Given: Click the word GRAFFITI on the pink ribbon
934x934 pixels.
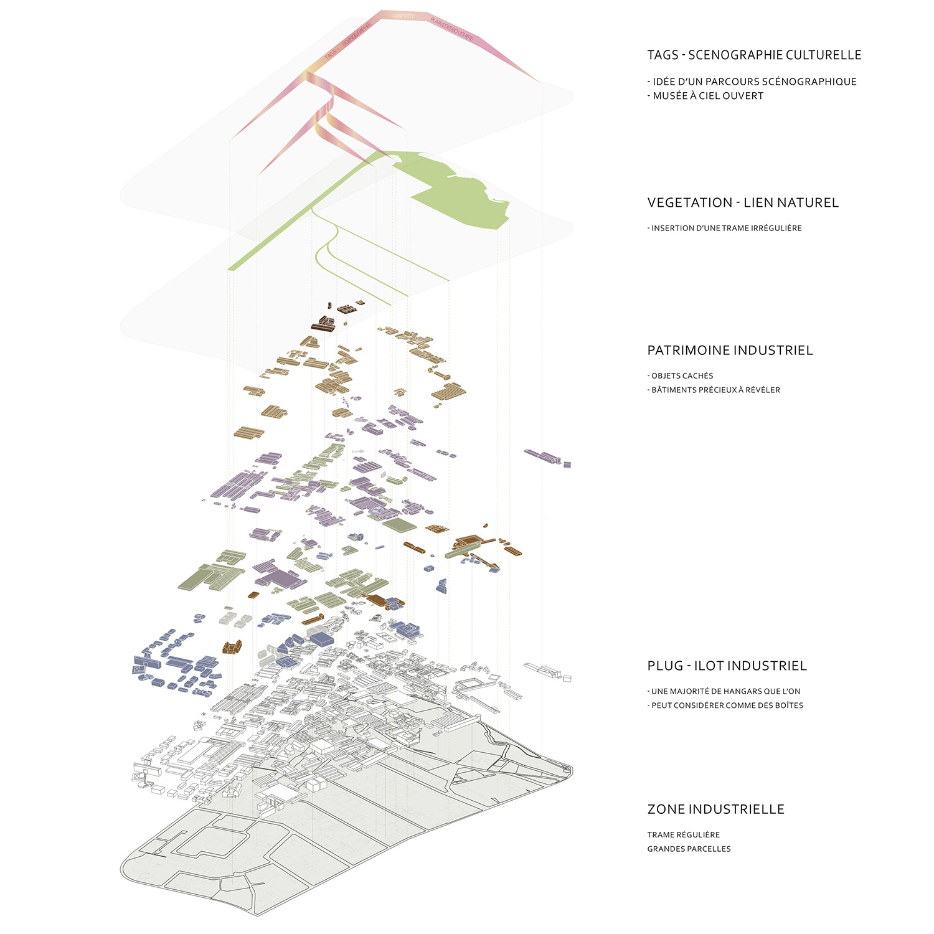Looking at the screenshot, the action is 403,15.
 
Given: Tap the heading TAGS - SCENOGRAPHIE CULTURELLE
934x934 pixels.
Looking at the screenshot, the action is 754,55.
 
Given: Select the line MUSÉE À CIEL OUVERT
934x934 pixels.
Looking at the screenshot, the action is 707,96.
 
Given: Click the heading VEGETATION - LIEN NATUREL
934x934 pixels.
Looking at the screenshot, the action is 743,202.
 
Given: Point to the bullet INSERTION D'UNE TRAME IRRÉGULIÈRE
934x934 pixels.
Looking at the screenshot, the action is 726,229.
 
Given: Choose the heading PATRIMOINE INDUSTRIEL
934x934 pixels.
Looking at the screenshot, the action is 730,350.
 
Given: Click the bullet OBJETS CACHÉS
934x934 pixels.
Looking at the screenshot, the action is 682,376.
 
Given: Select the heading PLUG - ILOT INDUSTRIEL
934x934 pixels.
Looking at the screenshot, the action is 727,666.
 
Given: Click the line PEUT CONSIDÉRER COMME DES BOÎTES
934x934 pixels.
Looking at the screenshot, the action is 727,705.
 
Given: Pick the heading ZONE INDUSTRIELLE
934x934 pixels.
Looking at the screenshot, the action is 715,809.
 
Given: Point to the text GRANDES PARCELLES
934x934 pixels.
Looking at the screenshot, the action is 689,849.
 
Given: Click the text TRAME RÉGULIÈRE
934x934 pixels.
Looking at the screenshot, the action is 683,835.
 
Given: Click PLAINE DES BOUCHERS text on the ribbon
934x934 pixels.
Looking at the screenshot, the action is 451,29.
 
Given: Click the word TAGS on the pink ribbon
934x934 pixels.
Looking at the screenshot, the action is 330,54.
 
